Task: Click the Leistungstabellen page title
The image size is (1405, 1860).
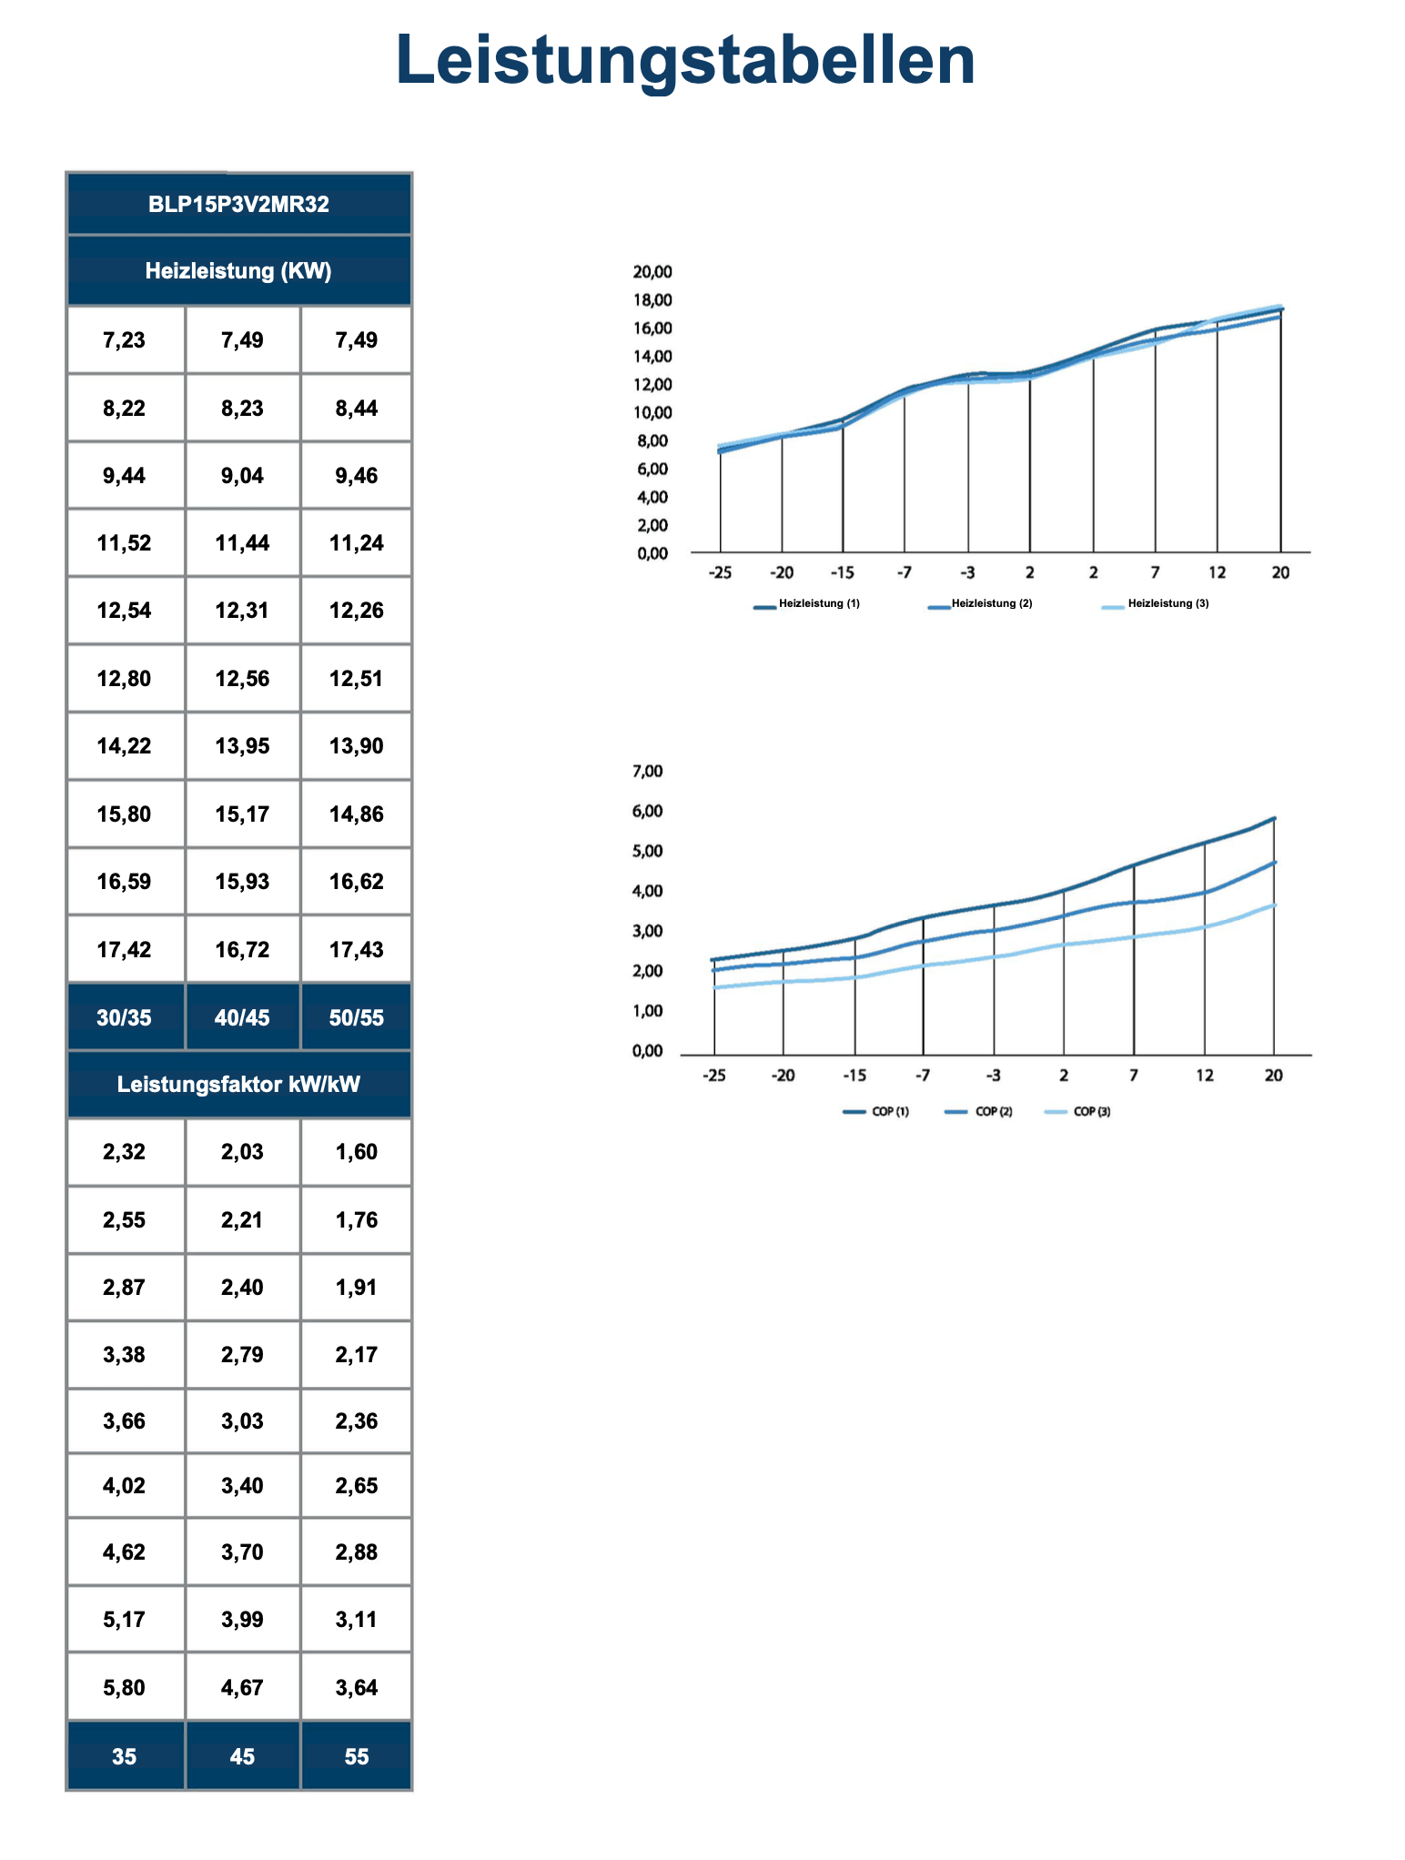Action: (x=685, y=60)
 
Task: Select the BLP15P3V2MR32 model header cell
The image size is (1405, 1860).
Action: (x=238, y=204)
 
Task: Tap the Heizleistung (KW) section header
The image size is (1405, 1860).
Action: (x=238, y=271)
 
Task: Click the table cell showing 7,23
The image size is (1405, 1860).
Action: (x=125, y=340)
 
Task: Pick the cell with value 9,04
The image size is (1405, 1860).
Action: (x=242, y=476)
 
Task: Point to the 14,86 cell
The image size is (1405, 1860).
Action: (x=356, y=814)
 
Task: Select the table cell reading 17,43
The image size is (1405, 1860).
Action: (x=356, y=950)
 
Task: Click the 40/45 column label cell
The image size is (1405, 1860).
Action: (x=242, y=1017)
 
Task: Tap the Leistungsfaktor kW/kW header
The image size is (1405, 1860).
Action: (x=238, y=1085)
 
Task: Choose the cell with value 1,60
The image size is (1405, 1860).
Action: (x=356, y=1152)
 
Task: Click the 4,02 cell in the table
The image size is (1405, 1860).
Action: (x=125, y=1486)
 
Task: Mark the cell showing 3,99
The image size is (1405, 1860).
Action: (x=242, y=1620)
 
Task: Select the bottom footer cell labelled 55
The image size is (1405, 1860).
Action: (x=356, y=1756)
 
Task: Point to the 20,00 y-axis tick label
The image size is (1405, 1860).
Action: (x=652, y=271)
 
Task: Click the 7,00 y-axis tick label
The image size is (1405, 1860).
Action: (x=647, y=772)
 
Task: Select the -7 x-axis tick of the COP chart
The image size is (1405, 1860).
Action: (x=923, y=1076)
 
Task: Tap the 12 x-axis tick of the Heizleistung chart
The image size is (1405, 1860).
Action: (x=1217, y=572)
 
